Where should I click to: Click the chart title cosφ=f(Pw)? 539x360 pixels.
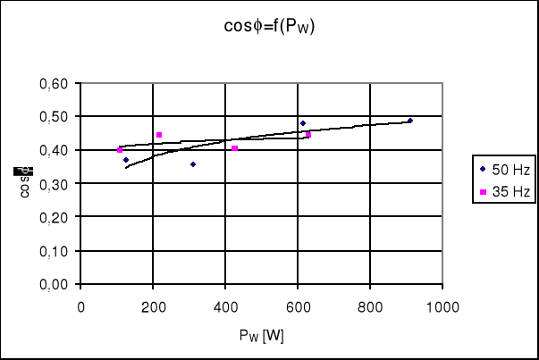coord(269,27)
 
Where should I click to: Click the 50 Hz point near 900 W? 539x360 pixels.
coord(410,121)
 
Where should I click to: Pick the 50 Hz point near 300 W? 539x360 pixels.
coord(193,164)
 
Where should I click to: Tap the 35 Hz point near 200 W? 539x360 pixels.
coord(159,135)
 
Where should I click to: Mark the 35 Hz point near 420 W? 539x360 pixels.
coord(235,148)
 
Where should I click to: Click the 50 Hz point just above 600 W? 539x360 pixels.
coord(303,123)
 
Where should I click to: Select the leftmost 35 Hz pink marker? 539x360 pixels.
coord(120,150)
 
